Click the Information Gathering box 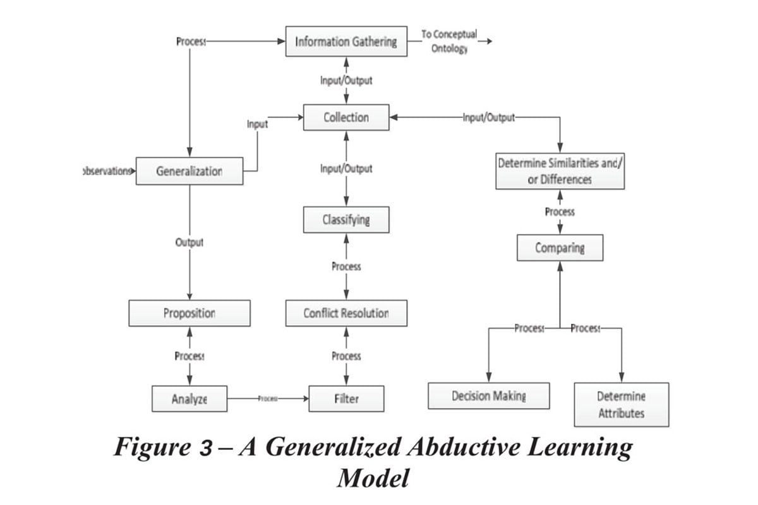[x=346, y=42]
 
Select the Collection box [x=346, y=117]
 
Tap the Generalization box [x=189, y=171]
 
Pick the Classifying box [x=346, y=220]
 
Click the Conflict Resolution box [x=346, y=313]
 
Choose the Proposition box [x=189, y=313]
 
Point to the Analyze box [x=189, y=399]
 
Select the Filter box [x=346, y=399]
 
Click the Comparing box [x=560, y=247]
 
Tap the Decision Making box [x=489, y=396]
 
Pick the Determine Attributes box [x=621, y=405]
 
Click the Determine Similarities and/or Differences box [x=560, y=171]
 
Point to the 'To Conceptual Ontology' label [x=449, y=41]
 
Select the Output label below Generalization [x=189, y=242]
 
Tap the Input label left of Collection [x=257, y=124]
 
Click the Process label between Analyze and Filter [x=268, y=399]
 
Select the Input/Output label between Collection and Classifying [x=346, y=169]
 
